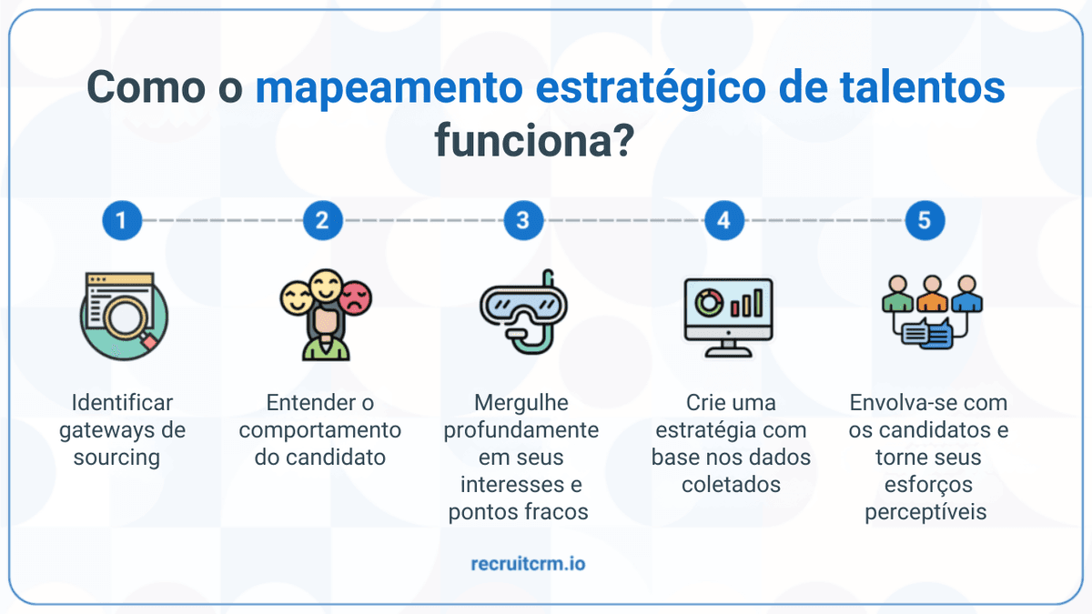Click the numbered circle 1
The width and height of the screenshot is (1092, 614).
point(122,220)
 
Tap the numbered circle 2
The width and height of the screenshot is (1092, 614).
point(322,220)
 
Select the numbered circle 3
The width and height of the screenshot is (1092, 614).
point(522,220)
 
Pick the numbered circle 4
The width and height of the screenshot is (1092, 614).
point(723,220)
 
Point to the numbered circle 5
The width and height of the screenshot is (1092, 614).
point(925,220)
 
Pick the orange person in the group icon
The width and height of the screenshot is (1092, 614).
point(931,293)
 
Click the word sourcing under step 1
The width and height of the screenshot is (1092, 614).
point(116,457)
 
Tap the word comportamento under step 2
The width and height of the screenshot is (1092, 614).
point(319,429)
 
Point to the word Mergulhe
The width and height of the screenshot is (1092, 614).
point(521,402)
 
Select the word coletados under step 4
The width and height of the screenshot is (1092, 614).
point(731,484)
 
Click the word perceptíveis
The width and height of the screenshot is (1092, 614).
point(925,511)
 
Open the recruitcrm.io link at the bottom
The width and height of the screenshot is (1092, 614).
point(528,564)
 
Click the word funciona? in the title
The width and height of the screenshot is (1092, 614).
point(534,142)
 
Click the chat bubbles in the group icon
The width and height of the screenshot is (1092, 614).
point(928,334)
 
